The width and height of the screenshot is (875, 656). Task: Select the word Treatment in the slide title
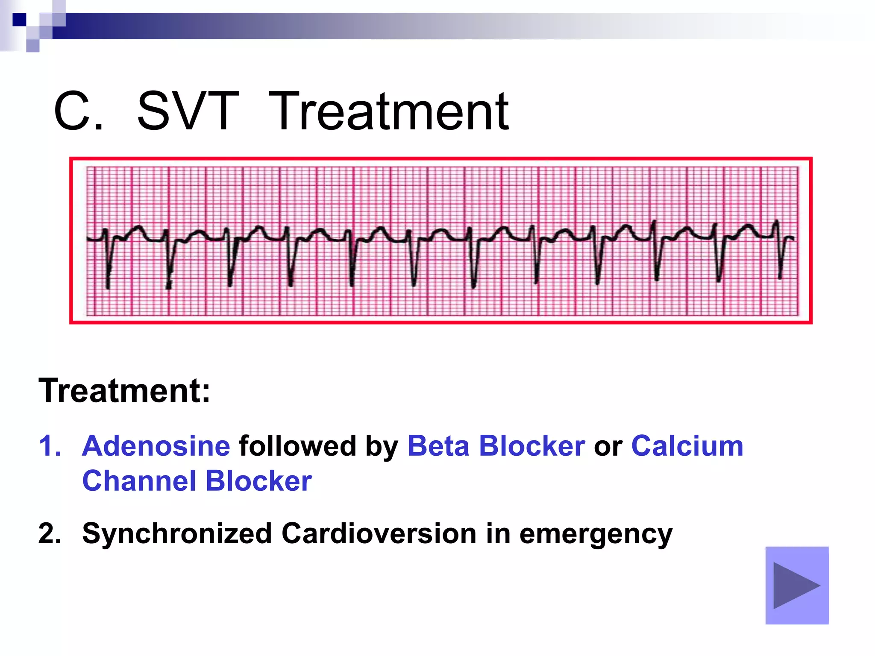pyautogui.click(x=388, y=112)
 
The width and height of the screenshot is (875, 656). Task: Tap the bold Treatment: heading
pyautogui.click(x=124, y=390)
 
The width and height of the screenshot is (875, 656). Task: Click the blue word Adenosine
pyautogui.click(x=156, y=446)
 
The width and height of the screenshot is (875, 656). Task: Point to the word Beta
pyautogui.click(x=438, y=446)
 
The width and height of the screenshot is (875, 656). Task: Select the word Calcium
pyautogui.click(x=687, y=446)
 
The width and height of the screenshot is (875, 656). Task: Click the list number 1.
pyautogui.click(x=50, y=446)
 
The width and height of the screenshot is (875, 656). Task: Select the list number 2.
pyautogui.click(x=50, y=534)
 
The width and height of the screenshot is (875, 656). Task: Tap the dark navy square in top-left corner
pyautogui.click(x=19, y=20)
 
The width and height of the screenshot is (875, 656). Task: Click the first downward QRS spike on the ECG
pyautogui.click(x=108, y=273)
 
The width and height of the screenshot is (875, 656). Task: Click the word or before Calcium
pyautogui.click(x=608, y=447)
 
